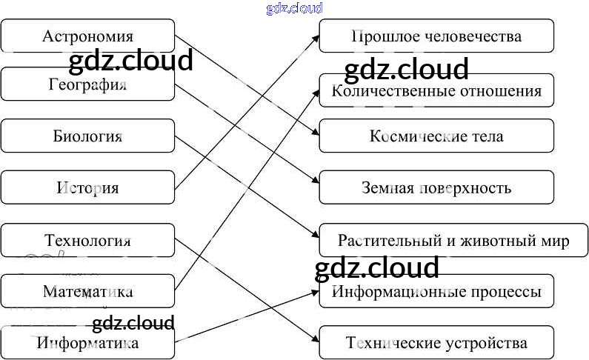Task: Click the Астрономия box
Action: tap(87, 36)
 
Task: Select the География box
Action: tap(87, 85)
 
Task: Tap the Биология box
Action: tap(87, 136)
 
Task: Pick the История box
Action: tap(87, 187)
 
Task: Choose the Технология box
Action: tap(87, 241)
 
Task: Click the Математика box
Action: tap(87, 292)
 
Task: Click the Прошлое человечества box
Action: tap(436, 36)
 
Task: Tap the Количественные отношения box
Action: tap(436, 91)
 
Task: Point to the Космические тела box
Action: tap(436, 136)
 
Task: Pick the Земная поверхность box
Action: tap(436, 187)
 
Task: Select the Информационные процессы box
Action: tap(436, 291)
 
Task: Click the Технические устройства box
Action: tap(436, 343)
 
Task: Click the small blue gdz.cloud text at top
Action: tap(294, 8)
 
